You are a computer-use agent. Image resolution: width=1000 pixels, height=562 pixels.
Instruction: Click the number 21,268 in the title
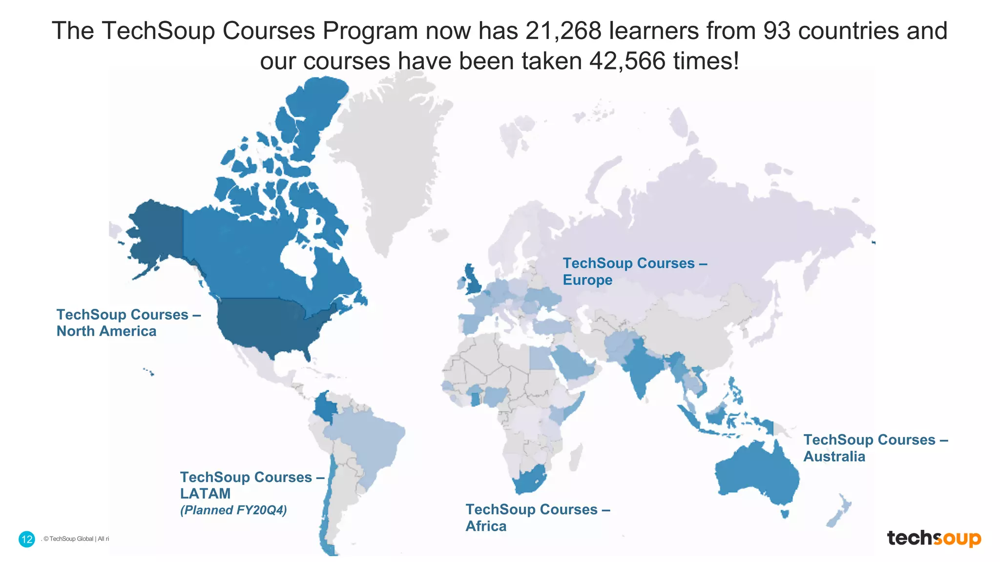(x=563, y=31)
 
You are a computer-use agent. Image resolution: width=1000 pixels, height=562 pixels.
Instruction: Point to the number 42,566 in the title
(x=627, y=61)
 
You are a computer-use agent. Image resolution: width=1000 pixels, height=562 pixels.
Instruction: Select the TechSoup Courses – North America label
(x=128, y=323)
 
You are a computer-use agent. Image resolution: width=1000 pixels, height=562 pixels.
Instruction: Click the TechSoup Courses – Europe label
(x=635, y=272)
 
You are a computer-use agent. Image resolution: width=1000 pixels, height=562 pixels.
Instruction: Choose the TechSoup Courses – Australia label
(x=875, y=448)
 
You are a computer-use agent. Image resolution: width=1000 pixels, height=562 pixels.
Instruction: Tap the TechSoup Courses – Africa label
(x=538, y=518)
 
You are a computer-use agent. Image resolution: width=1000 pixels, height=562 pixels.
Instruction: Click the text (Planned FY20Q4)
(x=233, y=510)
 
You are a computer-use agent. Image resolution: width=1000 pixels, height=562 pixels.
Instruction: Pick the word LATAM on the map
(x=205, y=494)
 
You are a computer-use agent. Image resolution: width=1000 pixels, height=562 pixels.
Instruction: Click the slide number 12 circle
(x=27, y=539)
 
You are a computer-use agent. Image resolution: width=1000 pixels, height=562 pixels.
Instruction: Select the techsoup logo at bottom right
(x=934, y=538)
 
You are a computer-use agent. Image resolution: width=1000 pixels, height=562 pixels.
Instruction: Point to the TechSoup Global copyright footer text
(x=76, y=539)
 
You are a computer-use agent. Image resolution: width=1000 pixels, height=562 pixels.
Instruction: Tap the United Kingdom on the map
(x=472, y=281)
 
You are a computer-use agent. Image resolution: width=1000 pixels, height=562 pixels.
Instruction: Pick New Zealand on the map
(x=839, y=512)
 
